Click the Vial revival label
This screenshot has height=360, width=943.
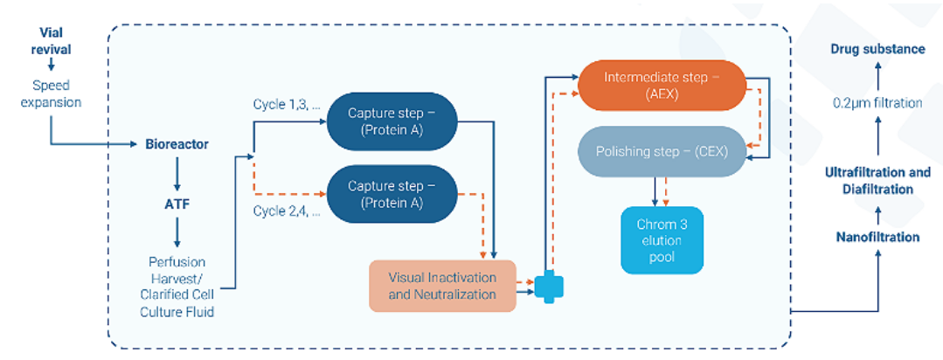coord(51,40)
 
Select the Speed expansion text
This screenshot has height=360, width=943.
coord(51,94)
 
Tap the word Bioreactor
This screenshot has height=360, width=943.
coord(177,143)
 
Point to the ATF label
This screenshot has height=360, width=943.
coord(177,204)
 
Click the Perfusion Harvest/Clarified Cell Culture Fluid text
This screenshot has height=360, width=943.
coord(177,285)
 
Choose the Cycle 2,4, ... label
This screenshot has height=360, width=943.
coord(287,211)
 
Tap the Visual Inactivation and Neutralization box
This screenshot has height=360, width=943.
coord(442,286)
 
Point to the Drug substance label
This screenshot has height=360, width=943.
coord(877,49)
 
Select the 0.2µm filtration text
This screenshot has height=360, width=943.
coord(877,103)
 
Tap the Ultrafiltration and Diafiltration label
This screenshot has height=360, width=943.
coord(877,181)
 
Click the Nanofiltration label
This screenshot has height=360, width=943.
coord(877,237)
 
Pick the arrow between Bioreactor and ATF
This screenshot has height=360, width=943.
coord(177,174)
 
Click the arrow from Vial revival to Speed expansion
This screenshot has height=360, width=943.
coord(51,66)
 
